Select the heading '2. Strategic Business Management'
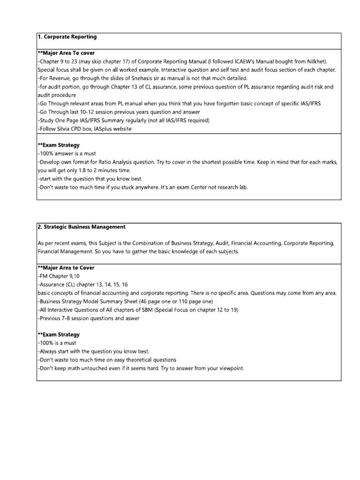(x=81, y=227)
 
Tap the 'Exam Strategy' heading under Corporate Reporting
(x=58, y=145)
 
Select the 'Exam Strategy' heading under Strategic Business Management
(x=58, y=335)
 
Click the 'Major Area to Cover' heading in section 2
(x=66, y=268)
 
